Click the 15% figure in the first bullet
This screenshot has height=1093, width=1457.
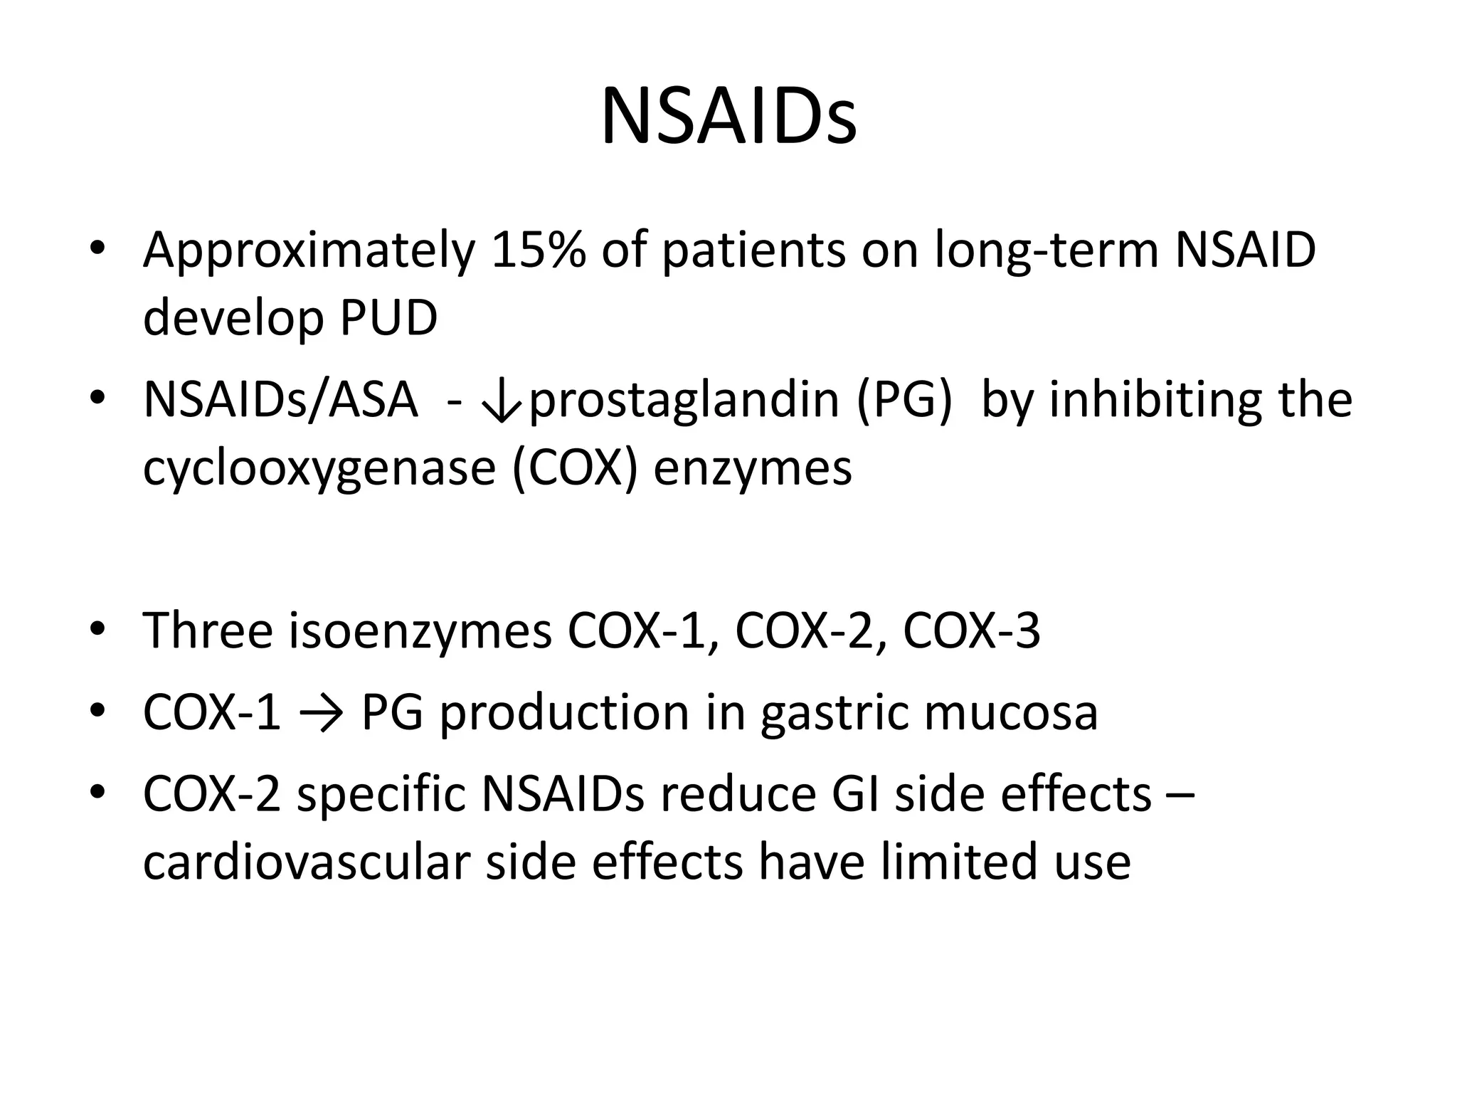point(538,250)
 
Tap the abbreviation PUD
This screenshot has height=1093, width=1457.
point(388,318)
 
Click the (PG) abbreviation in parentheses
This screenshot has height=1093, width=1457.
point(904,401)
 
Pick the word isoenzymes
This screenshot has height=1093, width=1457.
point(420,631)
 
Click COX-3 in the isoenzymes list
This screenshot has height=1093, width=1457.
point(971,631)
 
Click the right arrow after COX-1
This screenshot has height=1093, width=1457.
point(322,712)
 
